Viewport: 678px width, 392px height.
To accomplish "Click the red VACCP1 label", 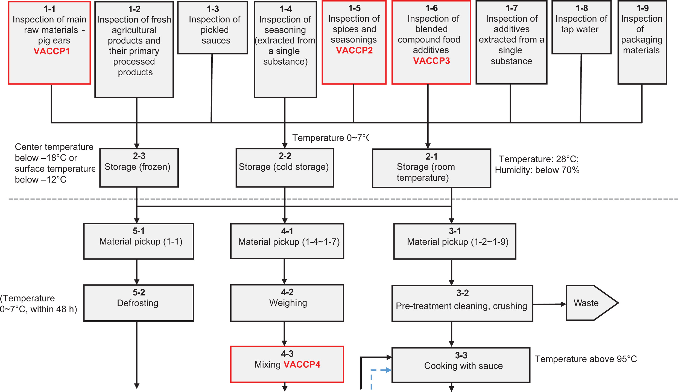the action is [52, 51].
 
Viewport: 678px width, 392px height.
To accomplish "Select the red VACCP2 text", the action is [354, 50].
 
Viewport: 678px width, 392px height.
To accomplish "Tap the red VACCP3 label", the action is [431, 61].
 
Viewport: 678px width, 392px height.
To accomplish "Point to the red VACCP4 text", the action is [302, 364].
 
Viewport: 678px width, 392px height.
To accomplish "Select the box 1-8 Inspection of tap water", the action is [581, 27].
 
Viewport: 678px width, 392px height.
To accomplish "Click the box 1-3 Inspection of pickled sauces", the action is [213, 27].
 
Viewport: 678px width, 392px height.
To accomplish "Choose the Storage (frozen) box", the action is [139, 168].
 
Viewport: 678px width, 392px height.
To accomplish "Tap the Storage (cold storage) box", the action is [285, 168].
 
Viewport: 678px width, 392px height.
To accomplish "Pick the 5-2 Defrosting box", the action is [139, 303].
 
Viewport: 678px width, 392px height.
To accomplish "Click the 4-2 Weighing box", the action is [287, 303].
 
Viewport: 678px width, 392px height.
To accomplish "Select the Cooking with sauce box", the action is [461, 365].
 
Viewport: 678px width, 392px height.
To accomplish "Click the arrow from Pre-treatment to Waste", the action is [549, 304].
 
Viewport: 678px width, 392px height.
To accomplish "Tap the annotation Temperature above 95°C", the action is [586, 359].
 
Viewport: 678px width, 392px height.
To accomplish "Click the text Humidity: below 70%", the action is [537, 170].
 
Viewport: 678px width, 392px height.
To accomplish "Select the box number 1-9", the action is [642, 8].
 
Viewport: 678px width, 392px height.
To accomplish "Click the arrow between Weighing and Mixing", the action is [284, 334].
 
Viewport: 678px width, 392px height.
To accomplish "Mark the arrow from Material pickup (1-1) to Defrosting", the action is [137, 272].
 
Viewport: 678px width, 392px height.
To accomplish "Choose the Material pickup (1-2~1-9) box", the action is [455, 241].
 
